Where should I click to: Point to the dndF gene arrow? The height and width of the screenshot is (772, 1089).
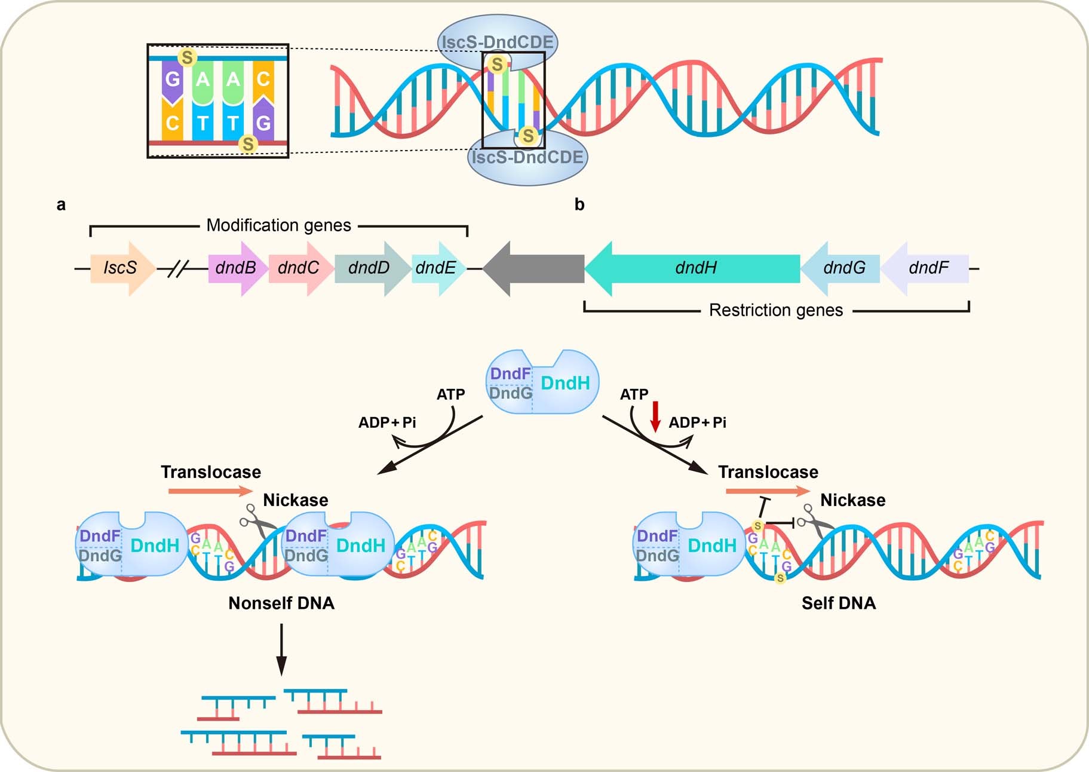tap(927, 268)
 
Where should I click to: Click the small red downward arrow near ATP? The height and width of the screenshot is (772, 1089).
tap(655, 416)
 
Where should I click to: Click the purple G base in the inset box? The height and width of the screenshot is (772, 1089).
tap(172, 79)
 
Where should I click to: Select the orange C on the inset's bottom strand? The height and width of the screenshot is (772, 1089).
tap(172, 123)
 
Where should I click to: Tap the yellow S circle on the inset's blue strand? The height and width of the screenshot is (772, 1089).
tap(188, 57)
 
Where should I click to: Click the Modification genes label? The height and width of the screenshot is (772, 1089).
tap(278, 225)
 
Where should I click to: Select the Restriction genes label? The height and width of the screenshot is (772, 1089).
tap(775, 310)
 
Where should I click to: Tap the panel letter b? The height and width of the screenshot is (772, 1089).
tap(579, 204)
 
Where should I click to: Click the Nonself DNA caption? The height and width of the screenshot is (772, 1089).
tap(281, 603)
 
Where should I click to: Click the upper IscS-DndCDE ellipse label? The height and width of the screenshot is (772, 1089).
tap(497, 42)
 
